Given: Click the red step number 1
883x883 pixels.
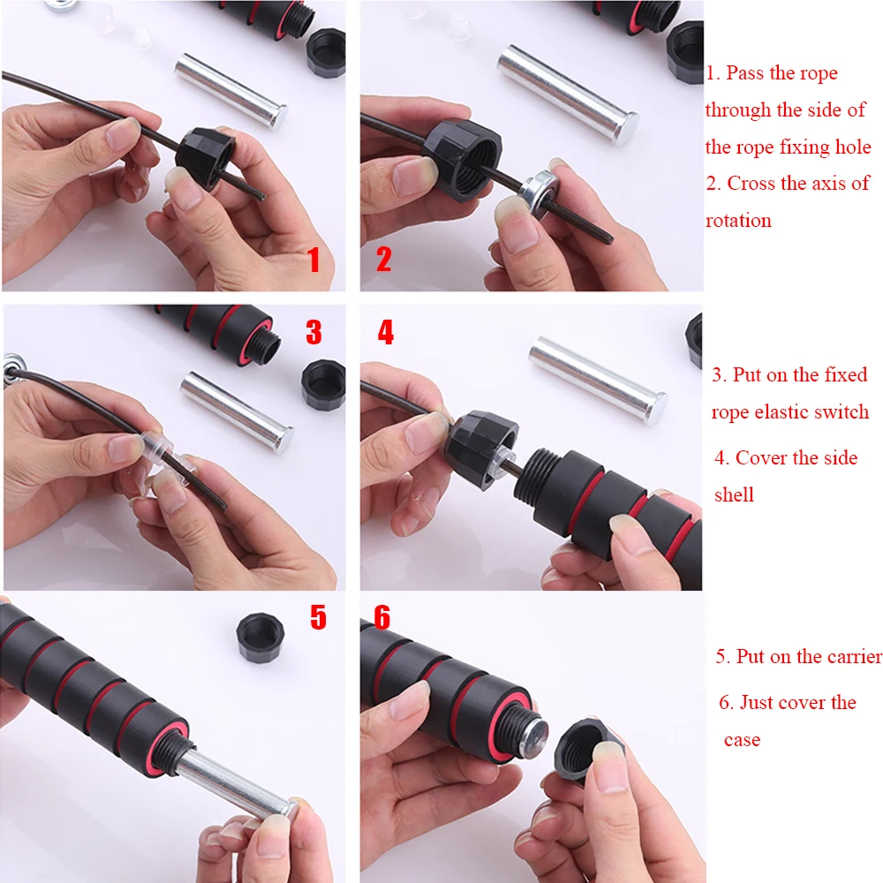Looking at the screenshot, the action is [x=313, y=260].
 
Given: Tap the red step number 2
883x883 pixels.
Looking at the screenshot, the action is [x=383, y=259].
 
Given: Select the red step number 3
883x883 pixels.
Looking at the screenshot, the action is [x=313, y=332].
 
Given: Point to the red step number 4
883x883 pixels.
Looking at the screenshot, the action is [x=385, y=332].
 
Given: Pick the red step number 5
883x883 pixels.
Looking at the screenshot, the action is [x=318, y=617].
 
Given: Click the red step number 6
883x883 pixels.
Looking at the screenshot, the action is [x=381, y=617].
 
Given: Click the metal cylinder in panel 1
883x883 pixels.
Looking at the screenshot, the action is [x=230, y=91].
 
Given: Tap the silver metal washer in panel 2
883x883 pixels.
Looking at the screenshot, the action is [x=539, y=192].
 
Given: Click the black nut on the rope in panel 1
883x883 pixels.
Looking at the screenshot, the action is [x=205, y=155].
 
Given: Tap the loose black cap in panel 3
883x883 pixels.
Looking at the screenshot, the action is [x=322, y=384].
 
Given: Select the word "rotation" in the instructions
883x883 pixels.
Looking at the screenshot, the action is [x=738, y=221].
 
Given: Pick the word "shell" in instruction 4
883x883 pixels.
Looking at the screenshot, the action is [x=734, y=494].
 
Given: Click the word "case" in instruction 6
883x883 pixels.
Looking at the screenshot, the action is [x=743, y=739].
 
